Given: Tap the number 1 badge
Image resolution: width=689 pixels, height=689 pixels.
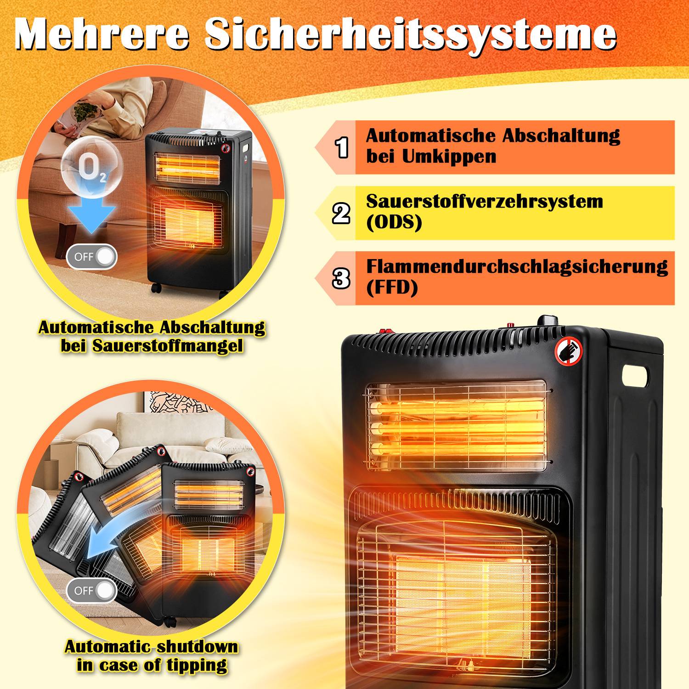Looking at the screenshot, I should (342, 147).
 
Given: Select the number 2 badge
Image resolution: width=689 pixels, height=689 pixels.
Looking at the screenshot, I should (341, 213).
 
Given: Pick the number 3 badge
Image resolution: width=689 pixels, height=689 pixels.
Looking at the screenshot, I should (341, 278).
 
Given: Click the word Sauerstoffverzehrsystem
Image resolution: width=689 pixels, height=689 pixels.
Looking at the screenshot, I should (484, 202).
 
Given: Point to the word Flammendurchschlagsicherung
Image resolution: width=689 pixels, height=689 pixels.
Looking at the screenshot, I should (517, 267).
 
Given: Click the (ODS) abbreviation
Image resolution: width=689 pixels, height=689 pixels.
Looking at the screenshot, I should (394, 223).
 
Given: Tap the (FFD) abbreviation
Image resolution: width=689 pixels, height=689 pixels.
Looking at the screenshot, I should (392, 288).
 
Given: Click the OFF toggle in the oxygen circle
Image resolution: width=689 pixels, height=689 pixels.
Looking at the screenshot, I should (92, 256).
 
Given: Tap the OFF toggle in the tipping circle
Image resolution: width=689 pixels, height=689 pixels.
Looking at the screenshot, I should (92, 590).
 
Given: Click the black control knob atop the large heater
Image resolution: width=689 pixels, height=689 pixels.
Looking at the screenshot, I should (548, 321).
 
